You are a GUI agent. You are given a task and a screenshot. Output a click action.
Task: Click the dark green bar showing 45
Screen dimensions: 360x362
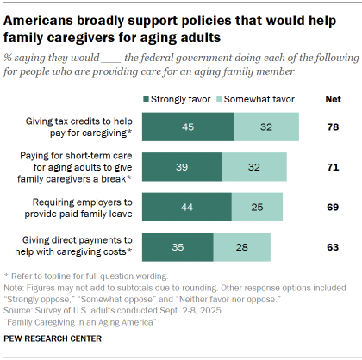pyautogui.click(x=187, y=126)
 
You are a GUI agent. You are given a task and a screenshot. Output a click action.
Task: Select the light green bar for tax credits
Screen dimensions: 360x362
pyautogui.click(x=266, y=126)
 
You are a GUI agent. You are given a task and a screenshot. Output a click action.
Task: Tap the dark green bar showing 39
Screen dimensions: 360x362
pyautogui.click(x=181, y=166)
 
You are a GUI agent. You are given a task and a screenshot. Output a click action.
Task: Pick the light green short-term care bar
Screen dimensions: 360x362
pyautogui.click(x=253, y=166)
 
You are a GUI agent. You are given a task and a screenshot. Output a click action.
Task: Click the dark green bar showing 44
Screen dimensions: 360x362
pyautogui.click(x=186, y=207)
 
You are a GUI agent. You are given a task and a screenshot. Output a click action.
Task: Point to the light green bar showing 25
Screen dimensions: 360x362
pyautogui.click(x=258, y=207)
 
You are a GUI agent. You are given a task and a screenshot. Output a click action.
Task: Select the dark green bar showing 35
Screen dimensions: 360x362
pyautogui.click(x=177, y=247)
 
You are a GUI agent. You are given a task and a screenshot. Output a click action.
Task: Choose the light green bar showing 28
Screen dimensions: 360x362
pyautogui.click(x=241, y=247)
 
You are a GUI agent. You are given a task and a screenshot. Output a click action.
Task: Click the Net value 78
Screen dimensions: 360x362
pyautogui.click(x=332, y=126)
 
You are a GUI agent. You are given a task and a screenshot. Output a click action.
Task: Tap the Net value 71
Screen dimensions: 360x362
pyautogui.click(x=332, y=166)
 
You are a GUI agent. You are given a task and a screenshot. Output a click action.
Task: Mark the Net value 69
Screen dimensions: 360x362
pyautogui.click(x=332, y=207)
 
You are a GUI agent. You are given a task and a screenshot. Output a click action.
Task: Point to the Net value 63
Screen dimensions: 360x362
pyautogui.click(x=332, y=247)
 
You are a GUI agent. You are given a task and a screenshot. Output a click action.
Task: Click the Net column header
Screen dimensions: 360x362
pyautogui.click(x=332, y=100)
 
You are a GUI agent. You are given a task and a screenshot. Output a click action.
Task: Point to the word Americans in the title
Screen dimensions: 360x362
pyautogui.click(x=43, y=17)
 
